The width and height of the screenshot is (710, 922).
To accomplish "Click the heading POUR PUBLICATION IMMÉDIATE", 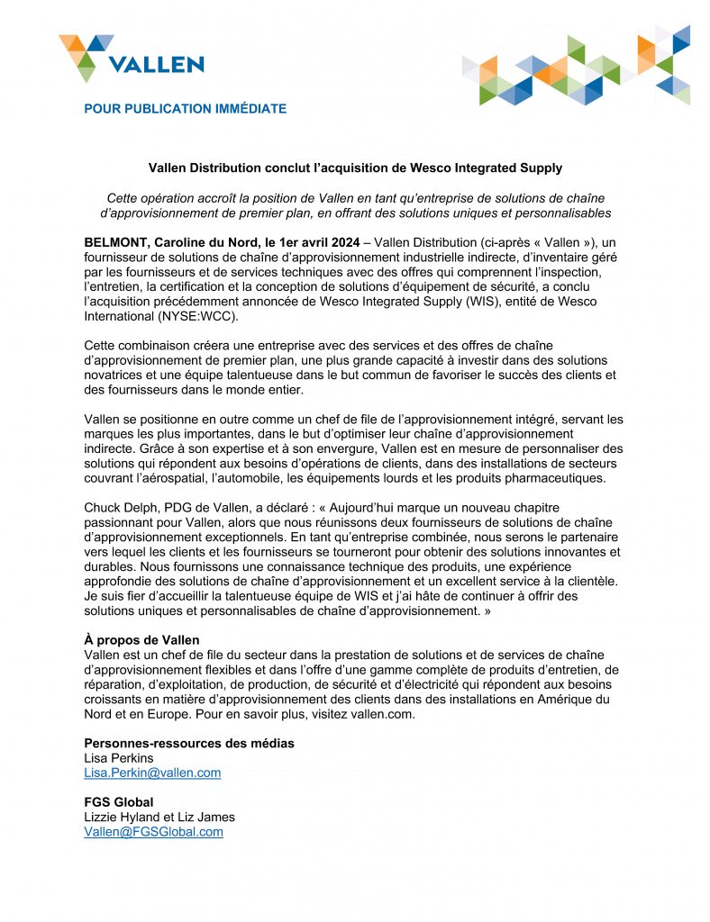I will (185, 109).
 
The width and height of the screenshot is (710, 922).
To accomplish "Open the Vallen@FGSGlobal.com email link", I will (153, 832).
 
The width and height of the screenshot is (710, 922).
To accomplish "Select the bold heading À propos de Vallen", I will (141, 639).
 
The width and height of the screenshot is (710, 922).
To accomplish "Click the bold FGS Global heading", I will (118, 802).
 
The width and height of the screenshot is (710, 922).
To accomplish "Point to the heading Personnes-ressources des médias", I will (189, 743).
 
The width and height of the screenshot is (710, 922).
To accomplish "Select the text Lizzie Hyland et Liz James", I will (159, 818).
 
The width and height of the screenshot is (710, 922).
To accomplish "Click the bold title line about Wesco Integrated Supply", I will (355, 167).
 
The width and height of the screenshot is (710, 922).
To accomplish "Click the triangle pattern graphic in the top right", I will (577, 68).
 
